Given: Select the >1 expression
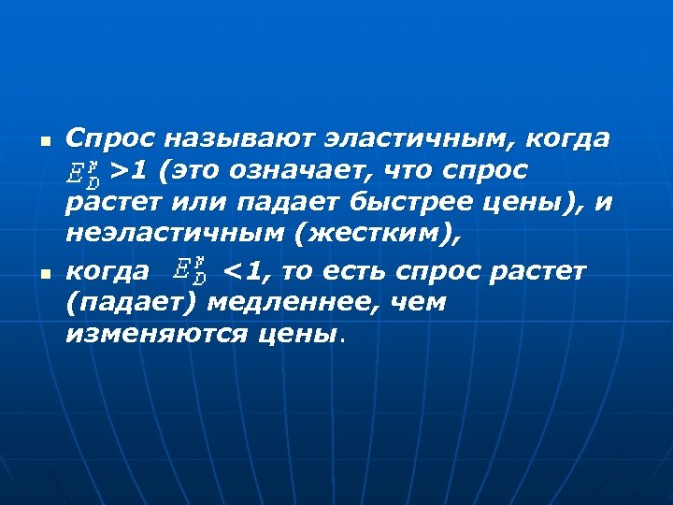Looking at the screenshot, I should point(127,170).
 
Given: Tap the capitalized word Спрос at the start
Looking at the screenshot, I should point(109,139).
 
